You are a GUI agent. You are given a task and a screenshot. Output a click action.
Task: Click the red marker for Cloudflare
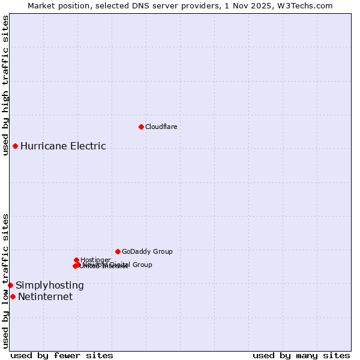pyautogui.click(x=141, y=127)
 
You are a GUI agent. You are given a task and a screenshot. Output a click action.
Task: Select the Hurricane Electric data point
pyautogui.click(x=15, y=146)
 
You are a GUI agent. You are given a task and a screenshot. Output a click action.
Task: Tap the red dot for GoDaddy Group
pyautogui.click(x=118, y=251)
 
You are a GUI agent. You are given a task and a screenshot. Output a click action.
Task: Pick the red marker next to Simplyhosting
pyautogui.click(x=10, y=285)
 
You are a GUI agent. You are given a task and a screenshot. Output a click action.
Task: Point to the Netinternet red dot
pyautogui.click(x=13, y=296)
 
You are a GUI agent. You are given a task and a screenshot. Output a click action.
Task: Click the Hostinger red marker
pyautogui.click(x=76, y=260)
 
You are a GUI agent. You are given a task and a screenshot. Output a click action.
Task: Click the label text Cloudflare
pyautogui.click(x=161, y=127)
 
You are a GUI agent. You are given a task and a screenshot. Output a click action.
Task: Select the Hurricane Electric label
pyautogui.click(x=63, y=146)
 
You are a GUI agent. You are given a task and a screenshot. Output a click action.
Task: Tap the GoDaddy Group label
pyautogui.click(x=147, y=251)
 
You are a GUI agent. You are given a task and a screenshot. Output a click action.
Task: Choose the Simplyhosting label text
pyautogui.click(x=50, y=285)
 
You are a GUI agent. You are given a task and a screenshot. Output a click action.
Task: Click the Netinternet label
pyautogui.click(x=45, y=296)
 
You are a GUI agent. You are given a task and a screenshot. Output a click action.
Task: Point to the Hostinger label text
pyautogui.click(x=95, y=260)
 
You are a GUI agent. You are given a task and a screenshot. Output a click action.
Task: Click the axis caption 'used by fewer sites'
pyautogui.click(x=62, y=355)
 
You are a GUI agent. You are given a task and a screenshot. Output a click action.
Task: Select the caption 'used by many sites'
pyautogui.click(x=301, y=355)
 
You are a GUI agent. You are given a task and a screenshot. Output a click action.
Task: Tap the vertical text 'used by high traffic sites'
pyautogui.click(x=5, y=85)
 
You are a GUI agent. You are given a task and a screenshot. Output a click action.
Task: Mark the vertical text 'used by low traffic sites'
pyautogui.click(x=5, y=280)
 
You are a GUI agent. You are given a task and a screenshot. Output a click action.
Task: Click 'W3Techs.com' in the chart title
pyautogui.click(x=308, y=5)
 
